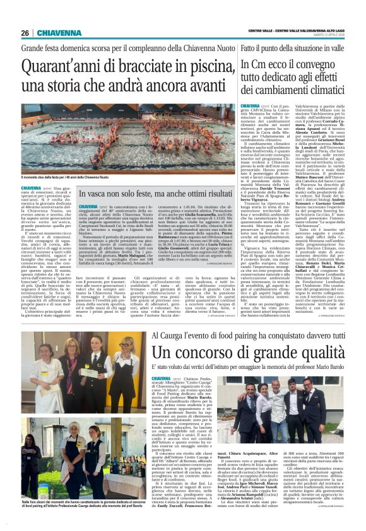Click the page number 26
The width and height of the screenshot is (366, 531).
[x=25, y=33]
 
